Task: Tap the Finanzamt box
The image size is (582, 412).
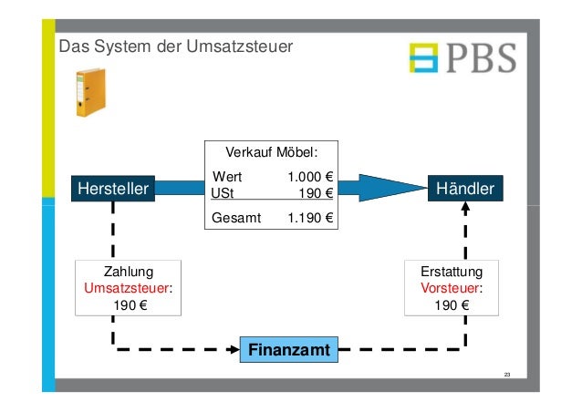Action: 287,349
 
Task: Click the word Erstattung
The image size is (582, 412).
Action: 452,273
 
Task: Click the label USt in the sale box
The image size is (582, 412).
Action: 222,192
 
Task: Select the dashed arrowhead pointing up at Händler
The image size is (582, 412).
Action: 465,208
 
